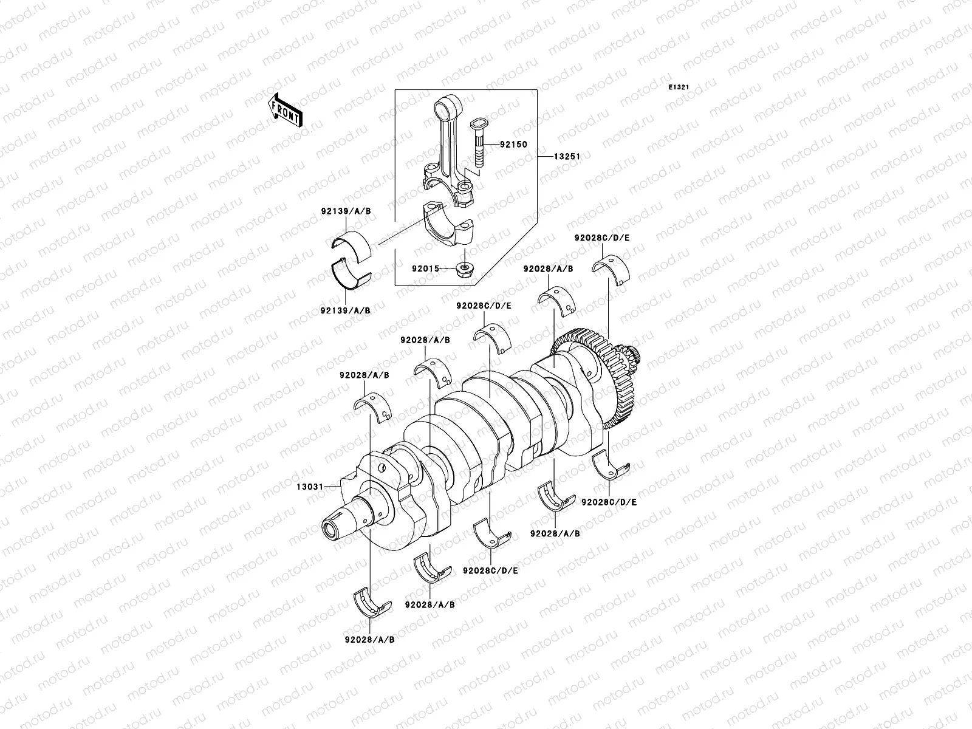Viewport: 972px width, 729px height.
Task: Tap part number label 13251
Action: (567, 156)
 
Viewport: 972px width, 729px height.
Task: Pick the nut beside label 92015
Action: (464, 267)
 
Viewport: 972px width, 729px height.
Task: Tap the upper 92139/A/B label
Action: (346, 211)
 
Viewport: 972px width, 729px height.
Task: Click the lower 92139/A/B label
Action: (346, 310)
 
